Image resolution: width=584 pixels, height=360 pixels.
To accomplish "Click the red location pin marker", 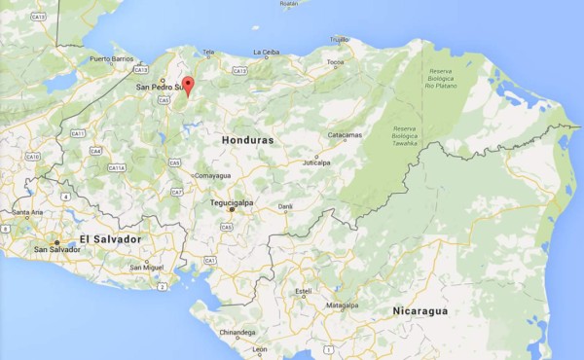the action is click(x=188, y=85).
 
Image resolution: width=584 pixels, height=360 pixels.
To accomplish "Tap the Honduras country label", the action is click(x=247, y=140).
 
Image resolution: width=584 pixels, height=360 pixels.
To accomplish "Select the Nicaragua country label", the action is click(x=420, y=310).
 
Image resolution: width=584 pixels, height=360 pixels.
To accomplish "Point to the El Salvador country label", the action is click(x=110, y=239).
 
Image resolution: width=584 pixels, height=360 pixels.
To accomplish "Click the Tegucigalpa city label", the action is click(x=232, y=202).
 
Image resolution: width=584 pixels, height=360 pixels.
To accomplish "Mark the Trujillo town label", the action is click(x=339, y=39).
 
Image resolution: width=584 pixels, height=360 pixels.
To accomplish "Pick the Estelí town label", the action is click(x=304, y=290).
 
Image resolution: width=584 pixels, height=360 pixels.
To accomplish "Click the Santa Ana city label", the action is click(x=27, y=211).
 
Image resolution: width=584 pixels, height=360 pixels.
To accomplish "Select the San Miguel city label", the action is click(x=147, y=267).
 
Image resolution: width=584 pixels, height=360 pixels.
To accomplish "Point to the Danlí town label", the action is click(x=285, y=206).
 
